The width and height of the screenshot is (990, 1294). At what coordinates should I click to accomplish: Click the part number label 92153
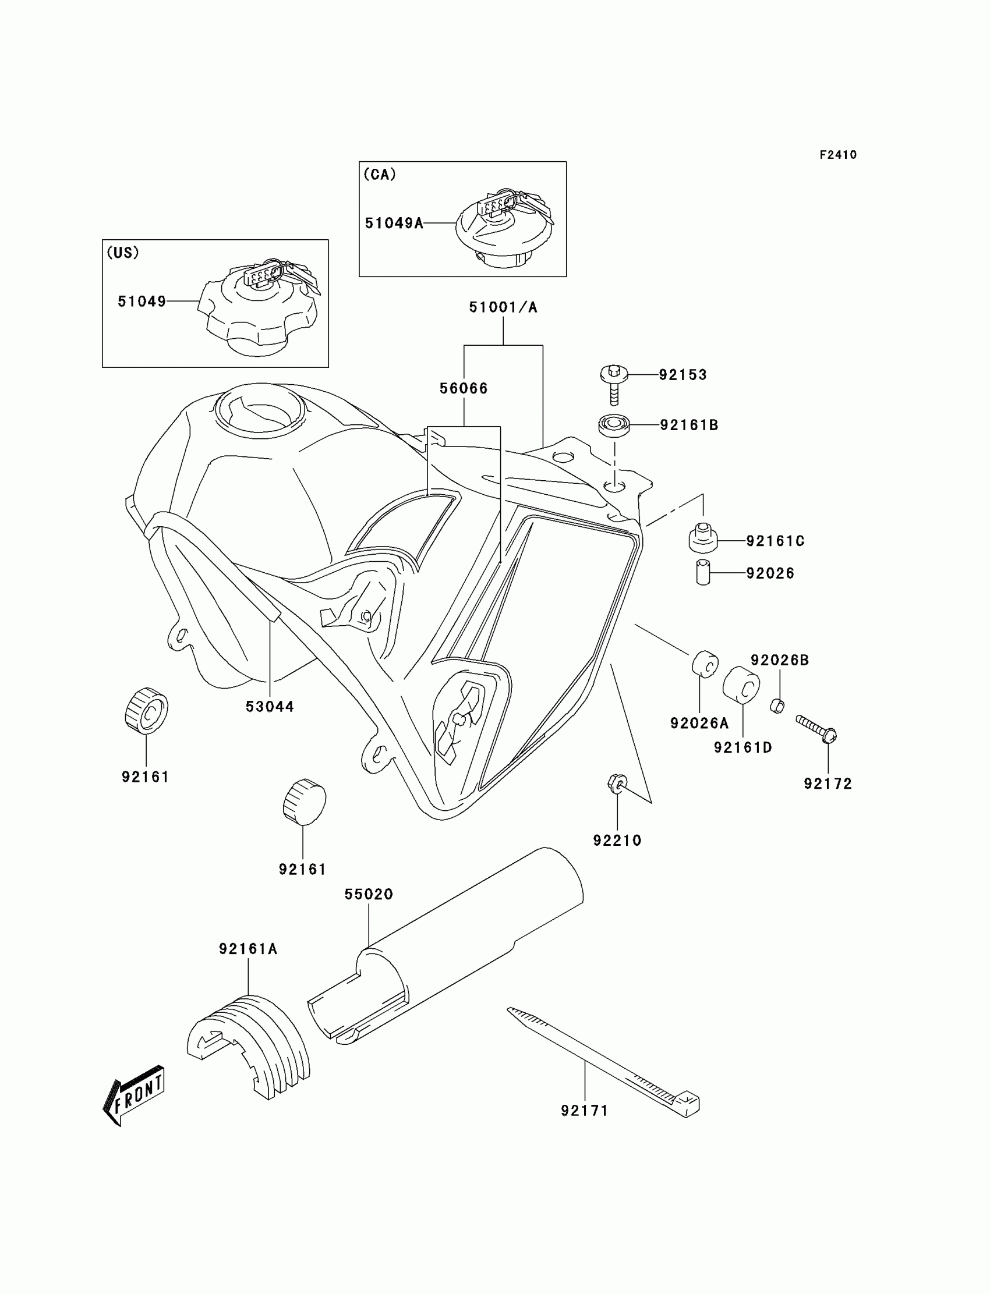click(x=683, y=375)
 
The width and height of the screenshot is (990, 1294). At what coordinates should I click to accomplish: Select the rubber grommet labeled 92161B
click(x=614, y=425)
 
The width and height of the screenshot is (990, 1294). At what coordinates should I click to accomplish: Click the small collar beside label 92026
click(x=703, y=573)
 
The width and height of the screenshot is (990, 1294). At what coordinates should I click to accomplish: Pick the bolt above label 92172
click(x=816, y=728)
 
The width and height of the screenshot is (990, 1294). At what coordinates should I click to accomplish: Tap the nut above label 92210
click(x=616, y=783)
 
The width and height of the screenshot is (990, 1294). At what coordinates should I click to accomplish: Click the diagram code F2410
click(x=838, y=155)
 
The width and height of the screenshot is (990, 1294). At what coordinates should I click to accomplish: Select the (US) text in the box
click(x=122, y=253)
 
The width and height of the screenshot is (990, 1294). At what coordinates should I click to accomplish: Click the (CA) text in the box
click(x=380, y=175)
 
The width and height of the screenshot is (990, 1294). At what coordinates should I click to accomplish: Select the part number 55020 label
click(x=369, y=894)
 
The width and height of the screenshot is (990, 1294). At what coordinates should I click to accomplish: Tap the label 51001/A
click(x=503, y=307)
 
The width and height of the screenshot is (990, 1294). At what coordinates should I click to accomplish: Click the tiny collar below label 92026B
click(x=777, y=705)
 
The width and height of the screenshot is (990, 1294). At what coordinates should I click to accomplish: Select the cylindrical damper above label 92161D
click(x=741, y=685)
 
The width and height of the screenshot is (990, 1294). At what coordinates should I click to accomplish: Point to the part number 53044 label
click(x=270, y=707)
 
